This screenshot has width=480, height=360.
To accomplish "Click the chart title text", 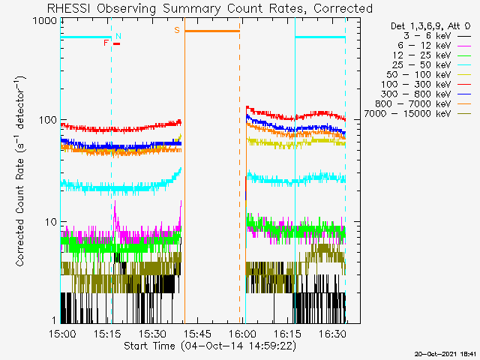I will tap(209, 8).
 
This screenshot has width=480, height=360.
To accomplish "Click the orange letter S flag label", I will tap(177, 30).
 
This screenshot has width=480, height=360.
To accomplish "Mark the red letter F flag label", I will tap(106, 43).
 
